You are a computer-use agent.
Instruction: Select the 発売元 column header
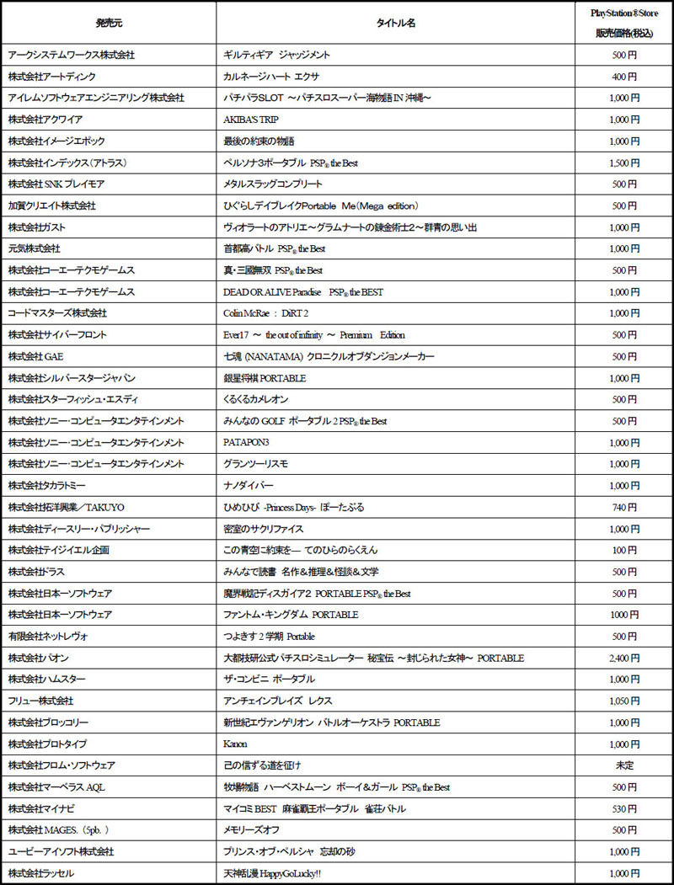coord(109,23)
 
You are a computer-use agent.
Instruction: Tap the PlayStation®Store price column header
coord(624,23)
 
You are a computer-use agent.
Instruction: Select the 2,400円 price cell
coord(624,658)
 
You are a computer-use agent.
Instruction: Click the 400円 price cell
coord(624,77)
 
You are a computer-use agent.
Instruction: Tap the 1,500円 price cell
coord(624,163)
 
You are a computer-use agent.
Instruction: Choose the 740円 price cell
coord(624,507)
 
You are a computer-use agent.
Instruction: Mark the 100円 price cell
coord(624,550)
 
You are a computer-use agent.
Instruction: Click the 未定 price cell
coord(624,765)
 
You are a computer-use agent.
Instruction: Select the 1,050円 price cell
coord(624,701)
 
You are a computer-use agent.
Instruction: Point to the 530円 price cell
coord(624,808)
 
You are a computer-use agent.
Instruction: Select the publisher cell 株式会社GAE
coord(38,356)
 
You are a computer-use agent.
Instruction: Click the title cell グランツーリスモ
coord(254,464)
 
